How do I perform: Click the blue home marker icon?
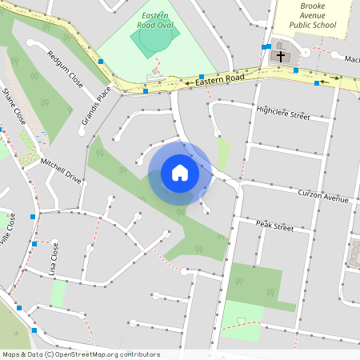pos(180,173)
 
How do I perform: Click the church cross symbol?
pos(281,56)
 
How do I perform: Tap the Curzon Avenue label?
pos(323,196)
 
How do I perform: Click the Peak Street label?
pos(275,226)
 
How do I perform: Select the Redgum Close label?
pos(65,70)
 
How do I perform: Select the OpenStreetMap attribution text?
pos(81,354)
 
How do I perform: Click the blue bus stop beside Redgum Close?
pos(101,61)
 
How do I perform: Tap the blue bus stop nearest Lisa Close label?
pos(34,243)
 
